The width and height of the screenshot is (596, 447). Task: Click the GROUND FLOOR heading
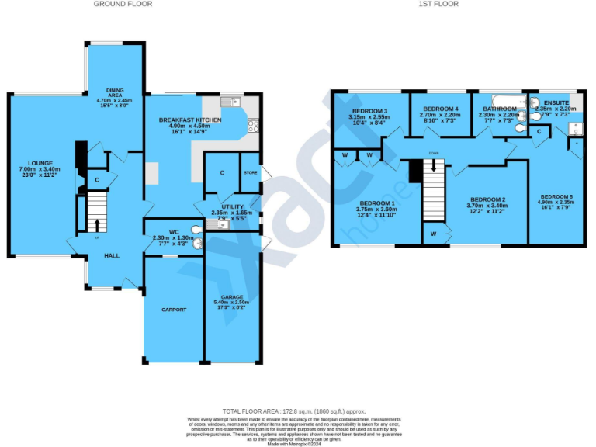click(123, 4)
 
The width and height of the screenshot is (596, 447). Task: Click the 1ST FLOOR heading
click(438, 4)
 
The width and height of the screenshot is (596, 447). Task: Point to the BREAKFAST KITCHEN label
click(190, 120)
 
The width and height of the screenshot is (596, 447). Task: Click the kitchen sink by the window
click(230, 102)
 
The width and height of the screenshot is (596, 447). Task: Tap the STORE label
click(250, 172)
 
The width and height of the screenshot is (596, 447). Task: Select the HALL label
click(112, 255)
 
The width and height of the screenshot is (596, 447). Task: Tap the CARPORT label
click(174, 310)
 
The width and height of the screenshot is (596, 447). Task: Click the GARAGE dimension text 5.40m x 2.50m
click(231, 302)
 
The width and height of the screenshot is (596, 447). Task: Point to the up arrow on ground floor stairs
click(97, 225)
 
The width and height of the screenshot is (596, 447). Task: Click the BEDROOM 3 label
click(369, 111)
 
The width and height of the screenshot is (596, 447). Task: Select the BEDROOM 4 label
click(440, 109)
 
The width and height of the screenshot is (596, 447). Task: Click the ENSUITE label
click(556, 102)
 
